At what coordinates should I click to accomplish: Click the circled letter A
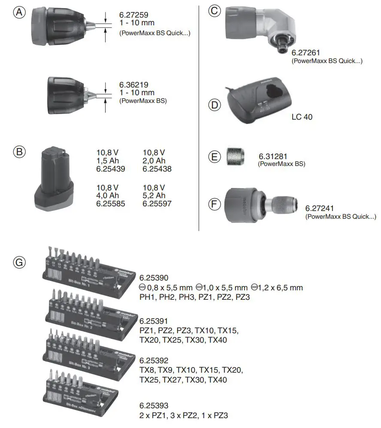click(x=18, y=13)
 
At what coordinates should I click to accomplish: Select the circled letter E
click(x=215, y=157)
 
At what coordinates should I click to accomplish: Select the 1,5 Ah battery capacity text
click(x=107, y=160)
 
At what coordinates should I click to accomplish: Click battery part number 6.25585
click(x=111, y=204)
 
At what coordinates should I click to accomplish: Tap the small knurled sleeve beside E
click(x=236, y=156)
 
